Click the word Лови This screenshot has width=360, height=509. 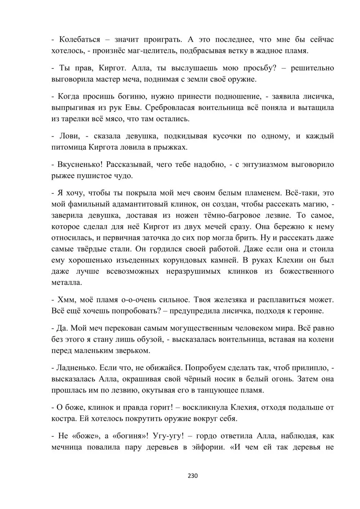point(66,136)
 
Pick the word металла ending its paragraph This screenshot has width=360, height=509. point(67,282)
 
